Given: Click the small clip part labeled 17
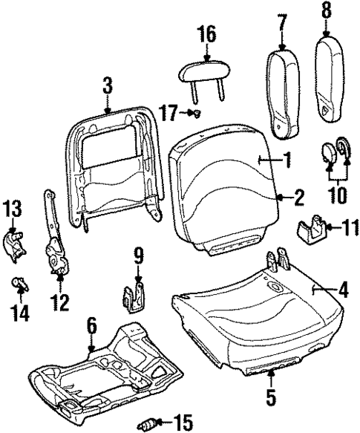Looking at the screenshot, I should pos(197,113).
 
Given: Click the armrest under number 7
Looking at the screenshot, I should pos(281,94).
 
